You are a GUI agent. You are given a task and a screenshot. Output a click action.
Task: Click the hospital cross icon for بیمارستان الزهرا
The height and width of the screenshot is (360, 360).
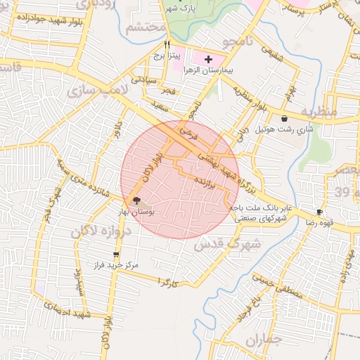tap(208, 60)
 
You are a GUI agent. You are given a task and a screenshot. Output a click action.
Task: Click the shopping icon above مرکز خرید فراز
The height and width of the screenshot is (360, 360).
tap(116, 255)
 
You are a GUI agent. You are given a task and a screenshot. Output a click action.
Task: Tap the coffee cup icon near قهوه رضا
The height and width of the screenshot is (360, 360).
tap(319, 212)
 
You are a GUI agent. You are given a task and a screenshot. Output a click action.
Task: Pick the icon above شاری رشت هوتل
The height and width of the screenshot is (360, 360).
tap(284, 119)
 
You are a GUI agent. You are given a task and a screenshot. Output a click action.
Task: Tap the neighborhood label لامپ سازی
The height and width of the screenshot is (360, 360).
tap(92, 89)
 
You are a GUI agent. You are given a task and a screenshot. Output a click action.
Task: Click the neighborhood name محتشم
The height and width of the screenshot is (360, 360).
tap(146, 29)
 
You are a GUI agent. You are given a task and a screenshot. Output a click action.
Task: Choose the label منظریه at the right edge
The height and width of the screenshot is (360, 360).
tap(320, 111)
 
